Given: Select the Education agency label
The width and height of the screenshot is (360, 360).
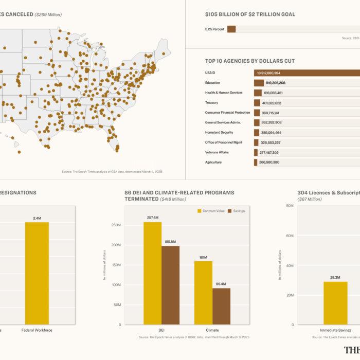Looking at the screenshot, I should (x=212, y=83).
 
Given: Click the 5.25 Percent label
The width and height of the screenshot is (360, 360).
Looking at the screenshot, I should (x=214, y=29).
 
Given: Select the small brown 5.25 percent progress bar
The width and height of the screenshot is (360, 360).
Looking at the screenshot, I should (x=231, y=29).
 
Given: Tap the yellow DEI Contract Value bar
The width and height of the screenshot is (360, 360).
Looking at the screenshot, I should (x=152, y=273).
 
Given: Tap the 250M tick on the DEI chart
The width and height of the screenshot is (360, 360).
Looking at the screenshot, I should (x=116, y=225).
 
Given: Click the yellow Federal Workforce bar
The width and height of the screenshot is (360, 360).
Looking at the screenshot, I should (x=37, y=273).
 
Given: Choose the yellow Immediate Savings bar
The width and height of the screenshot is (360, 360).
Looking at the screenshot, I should (x=335, y=303).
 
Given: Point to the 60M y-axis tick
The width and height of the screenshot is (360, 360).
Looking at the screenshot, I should (x=290, y=206).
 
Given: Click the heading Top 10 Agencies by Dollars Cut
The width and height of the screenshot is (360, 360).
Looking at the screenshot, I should (x=249, y=61).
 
